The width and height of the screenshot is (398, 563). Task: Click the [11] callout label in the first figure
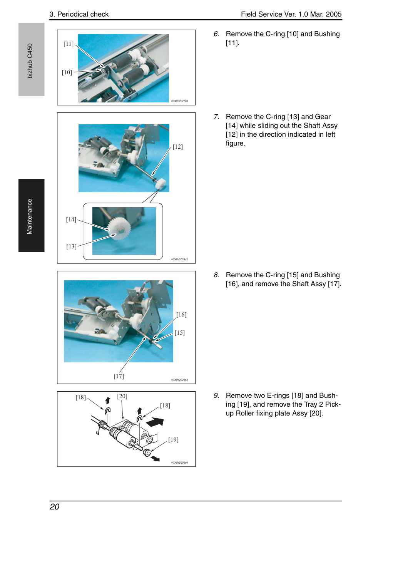69,44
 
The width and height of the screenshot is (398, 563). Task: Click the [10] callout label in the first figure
67,72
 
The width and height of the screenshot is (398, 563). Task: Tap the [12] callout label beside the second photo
178,147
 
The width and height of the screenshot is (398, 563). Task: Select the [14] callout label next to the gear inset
71,220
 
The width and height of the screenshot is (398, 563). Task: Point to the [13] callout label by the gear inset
71,246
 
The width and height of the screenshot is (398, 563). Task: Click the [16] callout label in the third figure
181,315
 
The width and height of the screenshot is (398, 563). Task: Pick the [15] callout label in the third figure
180,333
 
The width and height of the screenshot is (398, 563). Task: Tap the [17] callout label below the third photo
119,376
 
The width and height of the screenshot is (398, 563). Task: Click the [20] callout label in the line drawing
122,396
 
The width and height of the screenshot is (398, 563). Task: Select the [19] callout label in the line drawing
173,440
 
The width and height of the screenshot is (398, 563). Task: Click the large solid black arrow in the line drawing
155,422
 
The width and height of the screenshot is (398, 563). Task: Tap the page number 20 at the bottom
55,507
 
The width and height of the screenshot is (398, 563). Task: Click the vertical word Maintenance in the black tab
30,217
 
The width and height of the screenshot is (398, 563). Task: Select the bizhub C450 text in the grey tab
30,61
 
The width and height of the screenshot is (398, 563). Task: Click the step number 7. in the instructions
216,117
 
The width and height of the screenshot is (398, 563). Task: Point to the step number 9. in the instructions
216,395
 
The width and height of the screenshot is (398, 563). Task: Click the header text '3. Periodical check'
79,14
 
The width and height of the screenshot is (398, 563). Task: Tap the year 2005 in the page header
334,14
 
